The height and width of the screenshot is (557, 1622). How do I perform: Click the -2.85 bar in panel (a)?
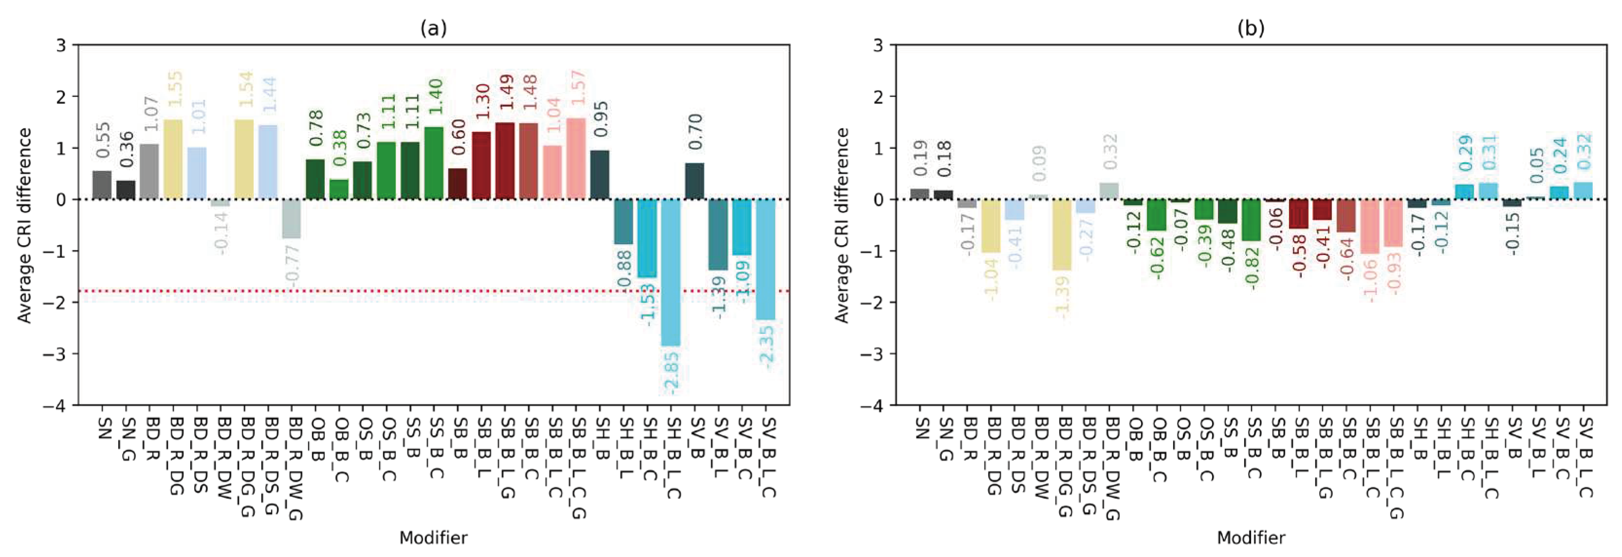click(x=671, y=272)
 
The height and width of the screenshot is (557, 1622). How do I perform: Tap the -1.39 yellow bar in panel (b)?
click(x=1062, y=234)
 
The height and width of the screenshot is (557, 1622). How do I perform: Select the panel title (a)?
click(x=433, y=28)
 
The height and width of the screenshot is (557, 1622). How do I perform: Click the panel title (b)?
click(x=1251, y=28)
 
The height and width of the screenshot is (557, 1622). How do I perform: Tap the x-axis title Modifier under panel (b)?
click(x=1251, y=538)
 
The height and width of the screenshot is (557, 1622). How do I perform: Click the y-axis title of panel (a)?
click(x=24, y=225)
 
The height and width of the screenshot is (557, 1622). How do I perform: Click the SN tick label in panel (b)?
click(x=921, y=428)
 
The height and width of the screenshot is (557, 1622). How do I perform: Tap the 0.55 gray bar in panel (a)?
click(x=102, y=185)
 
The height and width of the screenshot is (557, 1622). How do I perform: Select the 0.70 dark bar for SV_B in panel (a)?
click(x=695, y=181)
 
